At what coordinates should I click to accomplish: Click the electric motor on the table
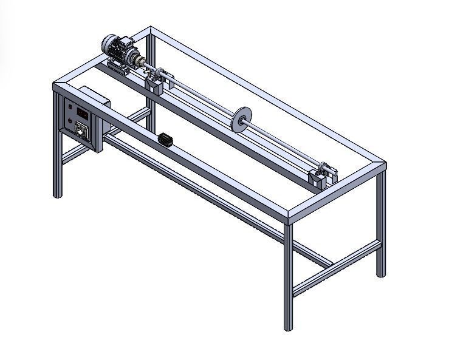119,49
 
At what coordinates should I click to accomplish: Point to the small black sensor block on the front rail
165,140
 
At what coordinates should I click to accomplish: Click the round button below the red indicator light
70,121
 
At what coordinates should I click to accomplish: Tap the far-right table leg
381,225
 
